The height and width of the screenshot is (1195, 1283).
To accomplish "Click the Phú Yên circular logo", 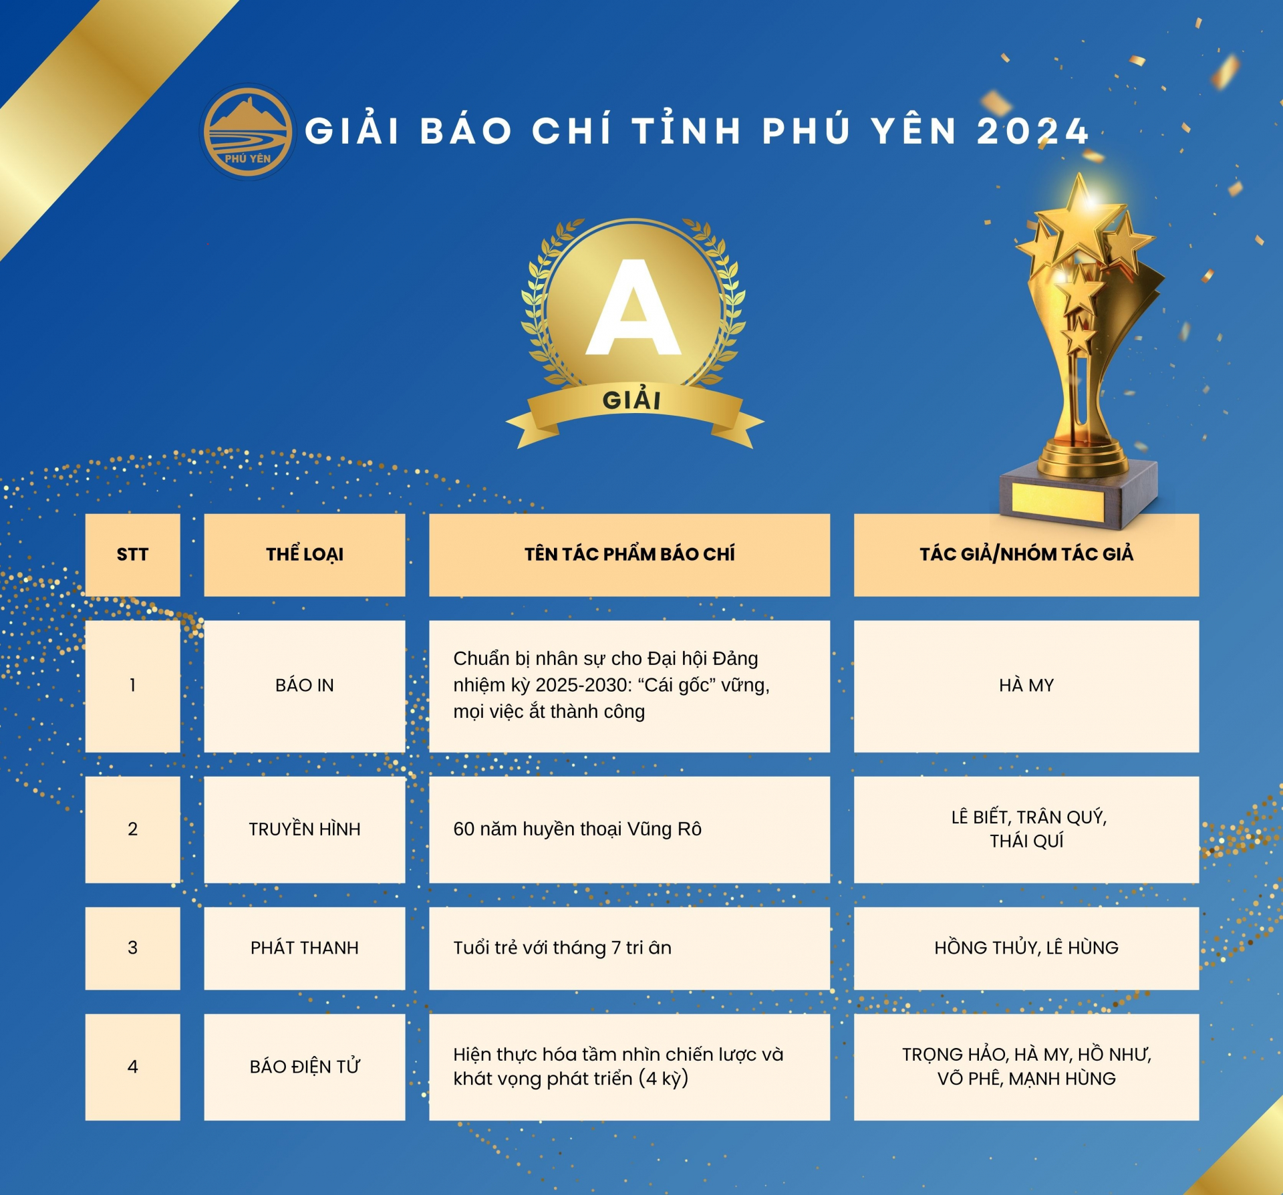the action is tap(248, 132).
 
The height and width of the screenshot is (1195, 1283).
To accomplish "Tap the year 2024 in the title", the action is tap(1033, 131).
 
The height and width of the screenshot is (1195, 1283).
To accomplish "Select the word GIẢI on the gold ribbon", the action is tap(631, 400).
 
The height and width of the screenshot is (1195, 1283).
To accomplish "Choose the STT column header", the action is tap(132, 555).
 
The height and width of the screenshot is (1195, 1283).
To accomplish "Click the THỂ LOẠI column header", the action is tap(305, 555).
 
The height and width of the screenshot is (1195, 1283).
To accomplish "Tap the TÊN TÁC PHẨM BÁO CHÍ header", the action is tap(629, 555).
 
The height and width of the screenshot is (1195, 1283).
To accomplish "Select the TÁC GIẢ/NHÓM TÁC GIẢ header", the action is tap(1026, 555).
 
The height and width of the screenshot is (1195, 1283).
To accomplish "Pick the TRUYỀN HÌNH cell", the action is tap(305, 829).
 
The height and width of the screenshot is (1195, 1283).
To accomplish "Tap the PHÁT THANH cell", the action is tap(305, 948).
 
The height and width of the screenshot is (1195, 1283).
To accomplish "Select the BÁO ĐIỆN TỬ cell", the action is tap(305, 1067).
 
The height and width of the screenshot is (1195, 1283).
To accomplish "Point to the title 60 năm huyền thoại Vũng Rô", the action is tap(577, 829).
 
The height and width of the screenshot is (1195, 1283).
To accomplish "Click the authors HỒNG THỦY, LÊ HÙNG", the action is tap(1026, 948).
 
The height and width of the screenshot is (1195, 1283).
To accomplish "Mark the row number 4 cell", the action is tap(132, 1067).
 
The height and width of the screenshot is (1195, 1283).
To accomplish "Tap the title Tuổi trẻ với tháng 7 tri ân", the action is tap(562, 948).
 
